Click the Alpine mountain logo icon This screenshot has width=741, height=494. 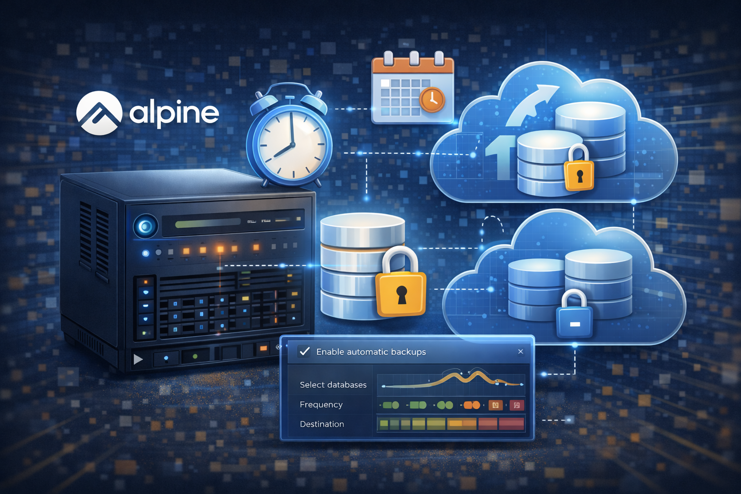99,112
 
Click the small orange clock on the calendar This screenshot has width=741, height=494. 432,99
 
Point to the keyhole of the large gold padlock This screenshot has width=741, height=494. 401,294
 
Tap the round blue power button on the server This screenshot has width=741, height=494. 145,226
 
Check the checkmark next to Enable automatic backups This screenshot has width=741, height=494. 304,351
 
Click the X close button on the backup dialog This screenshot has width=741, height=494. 521,352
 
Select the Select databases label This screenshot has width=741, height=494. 333,385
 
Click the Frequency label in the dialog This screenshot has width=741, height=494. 321,405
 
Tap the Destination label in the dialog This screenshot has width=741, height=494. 322,425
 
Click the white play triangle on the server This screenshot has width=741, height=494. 138,359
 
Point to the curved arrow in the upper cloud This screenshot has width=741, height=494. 531,104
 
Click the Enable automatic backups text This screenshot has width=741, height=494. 371,352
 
